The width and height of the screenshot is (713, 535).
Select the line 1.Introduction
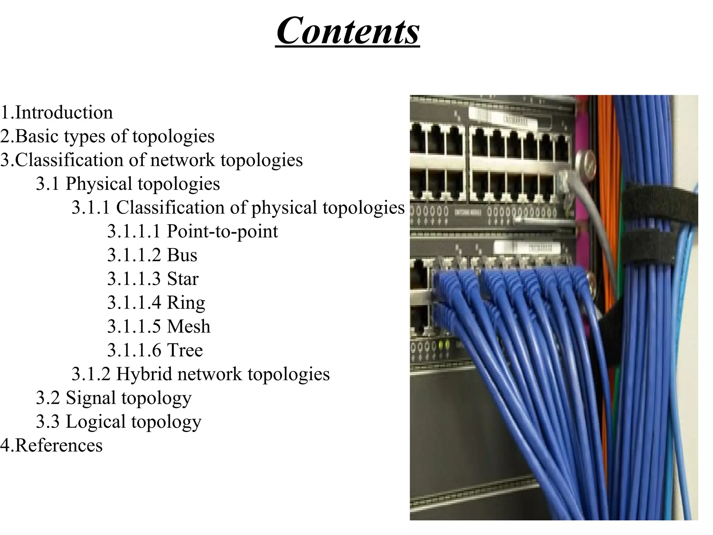(57, 113)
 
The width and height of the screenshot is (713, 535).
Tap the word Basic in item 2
(38, 136)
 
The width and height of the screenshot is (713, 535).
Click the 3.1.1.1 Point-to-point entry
(193, 231)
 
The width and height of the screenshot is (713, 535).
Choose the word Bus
(182, 255)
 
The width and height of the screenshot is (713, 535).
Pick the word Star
(183, 279)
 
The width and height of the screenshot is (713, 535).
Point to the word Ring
(186, 302)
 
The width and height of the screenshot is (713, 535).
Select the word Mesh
(189, 326)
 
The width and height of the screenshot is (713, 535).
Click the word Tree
(185, 350)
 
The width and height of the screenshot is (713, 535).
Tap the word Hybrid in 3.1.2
(144, 374)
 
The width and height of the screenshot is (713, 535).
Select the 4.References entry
(52, 445)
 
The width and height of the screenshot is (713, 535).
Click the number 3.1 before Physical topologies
(48, 184)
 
